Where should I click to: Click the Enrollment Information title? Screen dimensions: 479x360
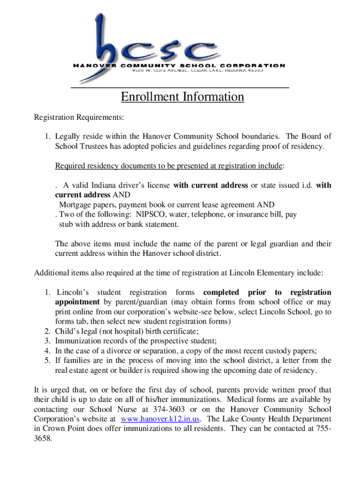(x=182, y=97)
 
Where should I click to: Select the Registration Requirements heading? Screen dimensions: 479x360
(x=79, y=117)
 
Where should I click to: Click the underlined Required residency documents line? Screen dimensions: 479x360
(x=170, y=166)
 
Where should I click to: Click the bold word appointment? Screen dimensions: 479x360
(x=77, y=302)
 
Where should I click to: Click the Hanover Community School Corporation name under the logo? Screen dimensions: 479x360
(x=179, y=65)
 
